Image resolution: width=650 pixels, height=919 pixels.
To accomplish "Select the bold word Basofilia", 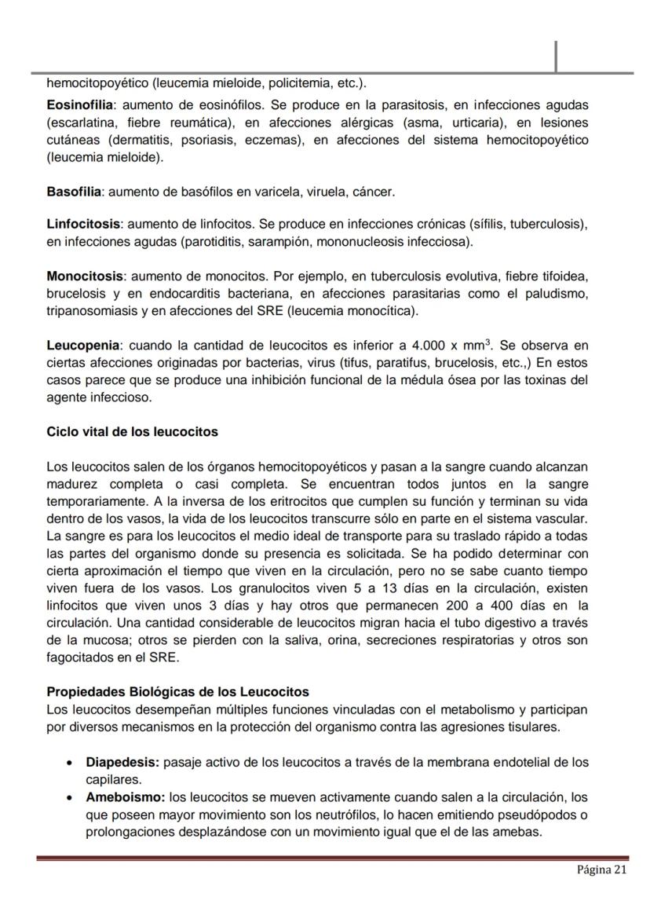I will pos(75,192).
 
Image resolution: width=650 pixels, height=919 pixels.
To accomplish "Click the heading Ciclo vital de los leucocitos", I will pos(132,432).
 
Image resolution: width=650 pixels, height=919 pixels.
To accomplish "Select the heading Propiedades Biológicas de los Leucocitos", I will pos(177,692).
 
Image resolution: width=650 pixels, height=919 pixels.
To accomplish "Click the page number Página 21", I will pos(602,870).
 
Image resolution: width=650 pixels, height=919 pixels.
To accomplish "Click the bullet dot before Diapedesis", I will pos(71,763).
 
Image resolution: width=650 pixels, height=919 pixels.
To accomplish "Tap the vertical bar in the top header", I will pos(556,57).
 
